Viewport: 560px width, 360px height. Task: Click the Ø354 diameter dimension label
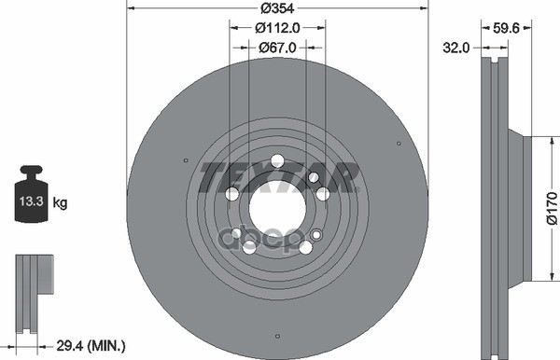tap(277, 8)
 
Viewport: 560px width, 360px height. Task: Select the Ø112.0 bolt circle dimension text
tap(277, 28)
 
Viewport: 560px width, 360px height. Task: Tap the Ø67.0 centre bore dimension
tap(277, 48)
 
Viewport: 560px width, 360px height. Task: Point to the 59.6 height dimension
tap(506, 28)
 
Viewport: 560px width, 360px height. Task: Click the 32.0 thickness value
tap(456, 48)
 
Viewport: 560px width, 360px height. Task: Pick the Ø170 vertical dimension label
tap(553, 208)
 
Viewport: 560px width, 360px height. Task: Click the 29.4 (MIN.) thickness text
tap(91, 345)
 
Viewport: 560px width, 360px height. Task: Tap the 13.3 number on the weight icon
tap(31, 201)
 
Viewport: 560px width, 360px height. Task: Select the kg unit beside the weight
tap(60, 203)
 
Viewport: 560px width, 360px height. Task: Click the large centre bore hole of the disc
tap(277, 208)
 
